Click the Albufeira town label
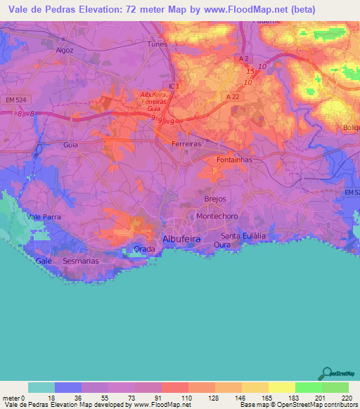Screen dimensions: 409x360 click(x=182, y=239)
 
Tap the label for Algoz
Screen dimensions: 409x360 click(x=65, y=51)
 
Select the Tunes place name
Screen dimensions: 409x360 click(x=157, y=44)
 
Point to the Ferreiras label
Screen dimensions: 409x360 click(x=186, y=143)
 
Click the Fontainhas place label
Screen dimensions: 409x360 click(x=234, y=160)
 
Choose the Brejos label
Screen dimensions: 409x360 click(x=214, y=199)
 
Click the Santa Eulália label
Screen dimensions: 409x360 click(x=243, y=235)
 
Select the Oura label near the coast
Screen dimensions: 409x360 click(x=223, y=245)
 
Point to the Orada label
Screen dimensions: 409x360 click(x=144, y=249)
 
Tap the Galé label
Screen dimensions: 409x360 click(x=44, y=260)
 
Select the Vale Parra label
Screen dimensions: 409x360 click(x=44, y=217)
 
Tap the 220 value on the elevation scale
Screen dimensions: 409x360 click(x=345, y=398)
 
